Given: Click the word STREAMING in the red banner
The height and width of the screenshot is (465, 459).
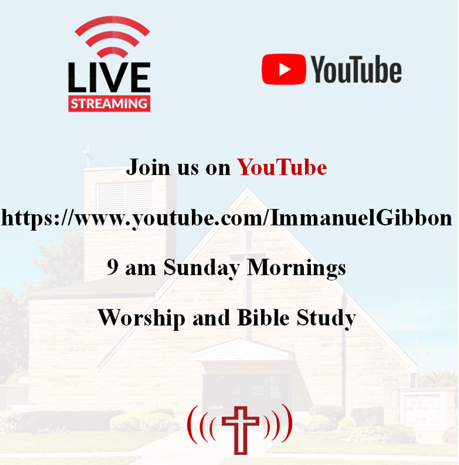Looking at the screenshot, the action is [x=109, y=104].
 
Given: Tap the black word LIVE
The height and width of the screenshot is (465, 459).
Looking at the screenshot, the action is [x=109, y=77].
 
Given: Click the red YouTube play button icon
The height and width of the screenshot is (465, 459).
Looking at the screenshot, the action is [x=284, y=69].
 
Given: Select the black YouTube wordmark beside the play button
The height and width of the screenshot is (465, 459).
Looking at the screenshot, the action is [x=356, y=69].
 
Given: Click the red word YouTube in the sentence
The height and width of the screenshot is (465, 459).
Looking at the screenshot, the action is [x=282, y=167].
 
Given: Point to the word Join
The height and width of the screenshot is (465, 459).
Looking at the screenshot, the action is [x=148, y=167].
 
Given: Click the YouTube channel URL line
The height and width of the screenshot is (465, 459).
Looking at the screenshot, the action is [x=227, y=218].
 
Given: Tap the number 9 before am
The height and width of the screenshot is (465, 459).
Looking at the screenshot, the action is [x=113, y=267].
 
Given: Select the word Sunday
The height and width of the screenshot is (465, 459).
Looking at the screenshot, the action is [x=201, y=269].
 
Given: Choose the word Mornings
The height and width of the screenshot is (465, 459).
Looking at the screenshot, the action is [x=297, y=269].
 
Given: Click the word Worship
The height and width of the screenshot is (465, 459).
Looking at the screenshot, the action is [x=142, y=319].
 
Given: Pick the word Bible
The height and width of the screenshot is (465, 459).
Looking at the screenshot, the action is [x=264, y=318].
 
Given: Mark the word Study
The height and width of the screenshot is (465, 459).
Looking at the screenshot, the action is [x=326, y=319].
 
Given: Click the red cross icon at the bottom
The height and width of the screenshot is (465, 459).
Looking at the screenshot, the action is [x=240, y=430].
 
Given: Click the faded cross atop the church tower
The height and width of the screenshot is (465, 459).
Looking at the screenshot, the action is [x=88, y=156].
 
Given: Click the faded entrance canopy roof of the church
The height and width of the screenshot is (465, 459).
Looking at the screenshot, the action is [x=243, y=350].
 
